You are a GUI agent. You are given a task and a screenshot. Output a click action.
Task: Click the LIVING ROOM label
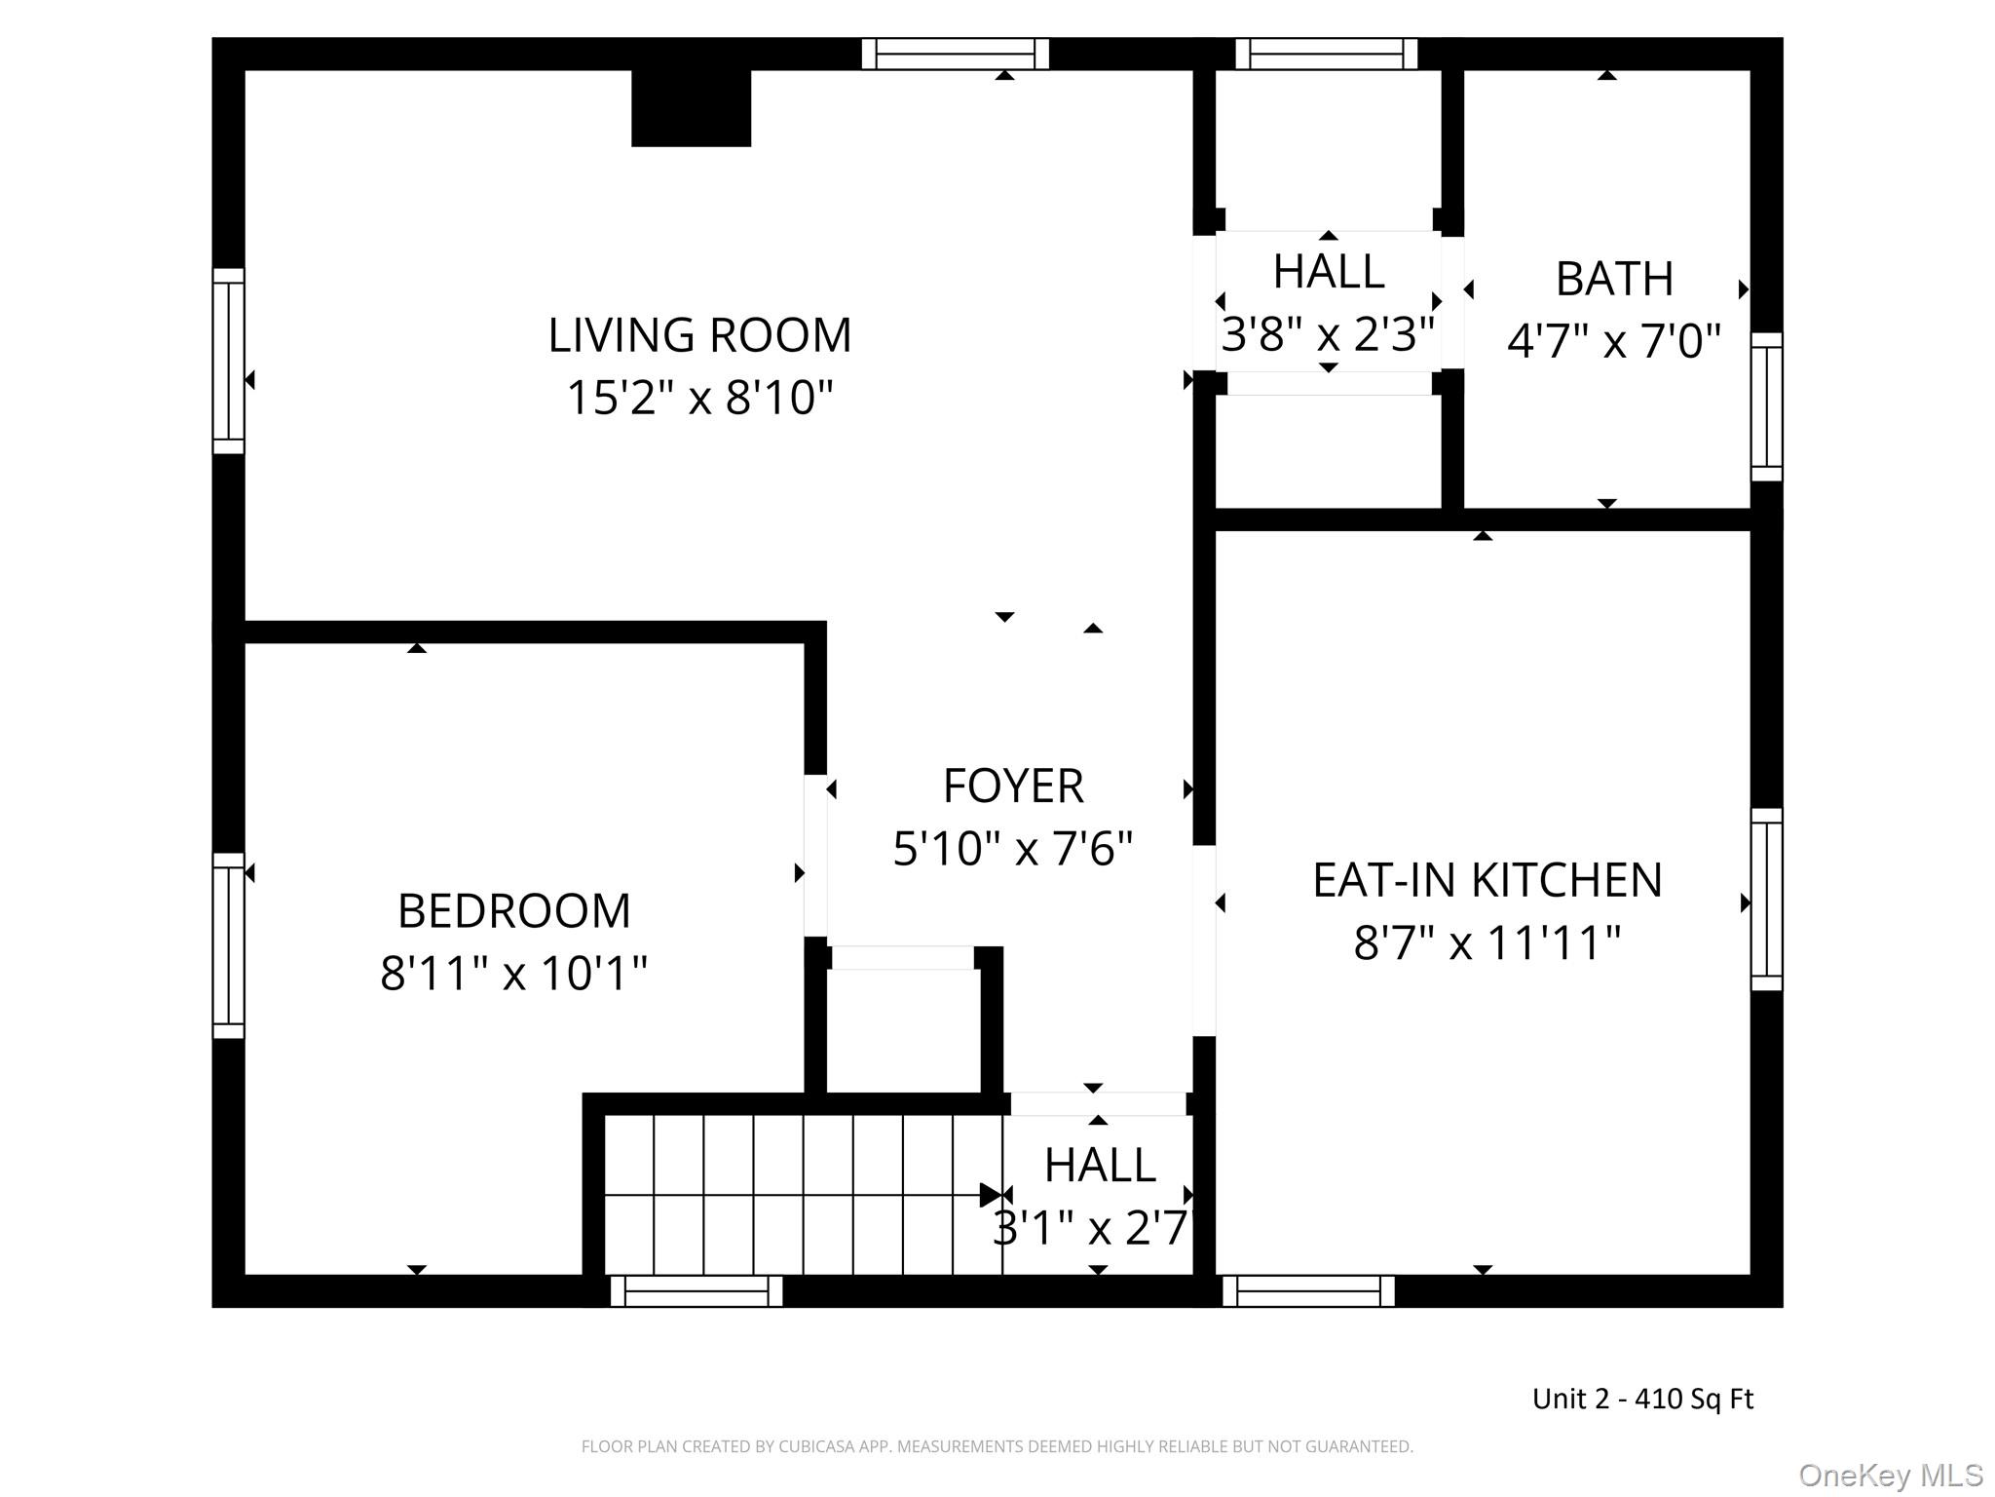[699, 335]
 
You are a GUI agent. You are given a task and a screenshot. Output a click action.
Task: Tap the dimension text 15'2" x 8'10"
[699, 398]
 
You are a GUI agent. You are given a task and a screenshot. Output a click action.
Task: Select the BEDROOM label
[514, 911]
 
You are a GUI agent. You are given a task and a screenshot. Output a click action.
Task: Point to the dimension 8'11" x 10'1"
[514, 973]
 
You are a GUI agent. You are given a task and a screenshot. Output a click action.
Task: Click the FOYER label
[1013, 787]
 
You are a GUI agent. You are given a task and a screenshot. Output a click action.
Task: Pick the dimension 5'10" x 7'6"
[1013, 849]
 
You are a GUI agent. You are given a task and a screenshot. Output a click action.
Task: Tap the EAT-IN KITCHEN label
[1487, 880]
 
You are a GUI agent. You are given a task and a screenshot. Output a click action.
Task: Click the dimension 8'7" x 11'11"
[1487, 942]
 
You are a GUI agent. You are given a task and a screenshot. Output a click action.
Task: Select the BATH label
[1615, 280]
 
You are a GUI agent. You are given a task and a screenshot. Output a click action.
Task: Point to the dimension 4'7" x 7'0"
[1615, 342]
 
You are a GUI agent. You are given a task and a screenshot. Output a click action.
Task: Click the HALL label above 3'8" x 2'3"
[1329, 272]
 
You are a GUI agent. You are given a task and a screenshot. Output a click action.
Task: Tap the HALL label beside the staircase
[1100, 1165]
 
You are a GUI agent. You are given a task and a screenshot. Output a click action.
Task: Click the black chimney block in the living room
[692, 108]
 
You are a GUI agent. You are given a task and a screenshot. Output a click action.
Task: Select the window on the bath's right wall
[1767, 406]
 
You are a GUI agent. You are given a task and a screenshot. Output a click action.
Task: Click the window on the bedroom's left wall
[229, 945]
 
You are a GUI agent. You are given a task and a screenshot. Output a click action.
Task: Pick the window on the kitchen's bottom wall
[1308, 1291]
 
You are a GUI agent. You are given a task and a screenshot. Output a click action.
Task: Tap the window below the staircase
[696, 1291]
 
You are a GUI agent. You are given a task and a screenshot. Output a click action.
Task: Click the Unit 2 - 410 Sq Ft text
[1642, 1399]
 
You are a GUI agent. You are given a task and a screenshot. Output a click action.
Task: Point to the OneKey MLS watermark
[1891, 1476]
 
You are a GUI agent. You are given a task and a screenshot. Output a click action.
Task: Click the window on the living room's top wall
[956, 54]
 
